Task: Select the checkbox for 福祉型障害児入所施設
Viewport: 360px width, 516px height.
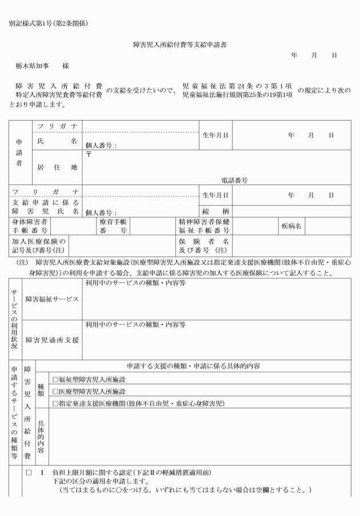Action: (x=55, y=379)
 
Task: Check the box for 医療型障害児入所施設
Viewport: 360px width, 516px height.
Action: (x=55, y=391)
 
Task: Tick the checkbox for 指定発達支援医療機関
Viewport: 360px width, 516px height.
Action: (x=55, y=403)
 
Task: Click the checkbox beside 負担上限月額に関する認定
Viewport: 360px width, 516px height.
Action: (x=28, y=474)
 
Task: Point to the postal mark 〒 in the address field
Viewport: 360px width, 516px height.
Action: (x=89, y=157)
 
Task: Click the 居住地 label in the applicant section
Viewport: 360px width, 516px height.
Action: (x=57, y=167)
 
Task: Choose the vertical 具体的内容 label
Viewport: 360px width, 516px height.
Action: (x=42, y=435)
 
